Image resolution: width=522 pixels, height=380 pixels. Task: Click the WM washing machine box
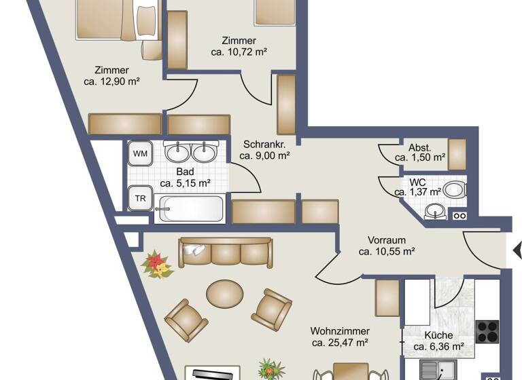pyautogui.click(x=140, y=154)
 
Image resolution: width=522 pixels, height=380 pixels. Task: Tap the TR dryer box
pyautogui.click(x=140, y=198)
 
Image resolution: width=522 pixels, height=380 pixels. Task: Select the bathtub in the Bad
pyautogui.click(x=189, y=208)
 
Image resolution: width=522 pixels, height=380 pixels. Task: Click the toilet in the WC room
pyautogui.click(x=454, y=189)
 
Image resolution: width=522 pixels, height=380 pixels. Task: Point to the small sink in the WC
pyautogui.click(x=434, y=213)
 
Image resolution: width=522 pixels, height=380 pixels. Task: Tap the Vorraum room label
pyautogui.click(x=387, y=240)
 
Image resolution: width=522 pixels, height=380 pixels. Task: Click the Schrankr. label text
pyautogui.click(x=264, y=144)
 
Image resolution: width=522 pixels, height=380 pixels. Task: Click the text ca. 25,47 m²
pyautogui.click(x=340, y=343)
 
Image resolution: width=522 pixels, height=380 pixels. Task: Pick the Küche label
pyautogui.click(x=438, y=335)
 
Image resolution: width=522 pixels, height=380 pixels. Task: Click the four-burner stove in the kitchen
pyautogui.click(x=487, y=332)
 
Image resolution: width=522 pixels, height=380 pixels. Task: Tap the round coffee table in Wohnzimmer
pyautogui.click(x=224, y=294)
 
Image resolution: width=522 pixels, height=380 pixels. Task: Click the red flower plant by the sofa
pyautogui.click(x=156, y=265)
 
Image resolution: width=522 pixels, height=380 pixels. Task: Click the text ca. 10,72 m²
pyautogui.click(x=238, y=52)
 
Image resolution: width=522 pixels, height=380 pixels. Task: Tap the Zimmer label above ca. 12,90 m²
pyautogui.click(x=112, y=70)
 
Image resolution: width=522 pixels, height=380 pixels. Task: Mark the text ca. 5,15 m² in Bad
pyautogui.click(x=185, y=183)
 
